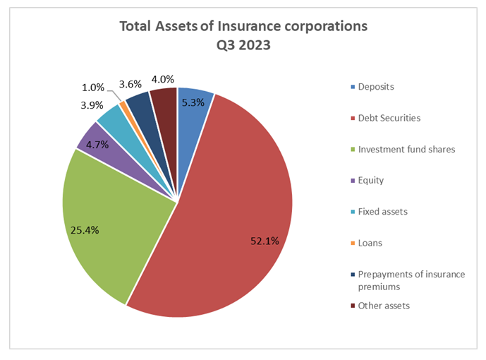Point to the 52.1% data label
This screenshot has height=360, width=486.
(265, 241)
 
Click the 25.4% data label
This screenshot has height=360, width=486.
(85, 229)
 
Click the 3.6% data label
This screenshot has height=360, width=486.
(131, 84)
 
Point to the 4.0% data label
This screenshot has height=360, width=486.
(163, 80)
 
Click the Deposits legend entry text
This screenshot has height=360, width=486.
(376, 87)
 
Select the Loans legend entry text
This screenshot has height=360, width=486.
(370, 243)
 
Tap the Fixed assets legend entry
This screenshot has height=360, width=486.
(383, 212)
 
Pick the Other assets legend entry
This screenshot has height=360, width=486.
(384, 306)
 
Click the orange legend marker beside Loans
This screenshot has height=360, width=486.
(351, 243)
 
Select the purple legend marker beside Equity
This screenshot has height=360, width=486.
(351, 181)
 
